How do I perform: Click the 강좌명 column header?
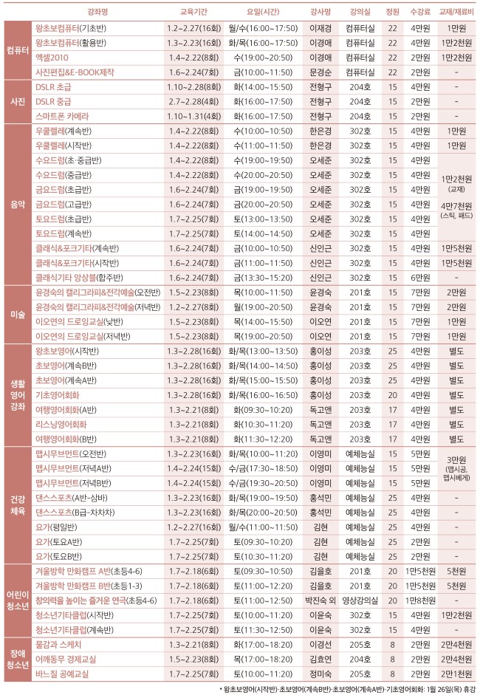(98, 12)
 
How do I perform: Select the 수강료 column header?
(421, 12)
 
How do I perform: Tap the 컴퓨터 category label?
(18, 49)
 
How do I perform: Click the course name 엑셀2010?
(52, 57)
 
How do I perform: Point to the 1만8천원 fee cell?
(421, 600)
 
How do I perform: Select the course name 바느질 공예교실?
(64, 674)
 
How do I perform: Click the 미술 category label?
(18, 314)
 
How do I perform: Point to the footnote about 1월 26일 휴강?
(347, 688)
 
